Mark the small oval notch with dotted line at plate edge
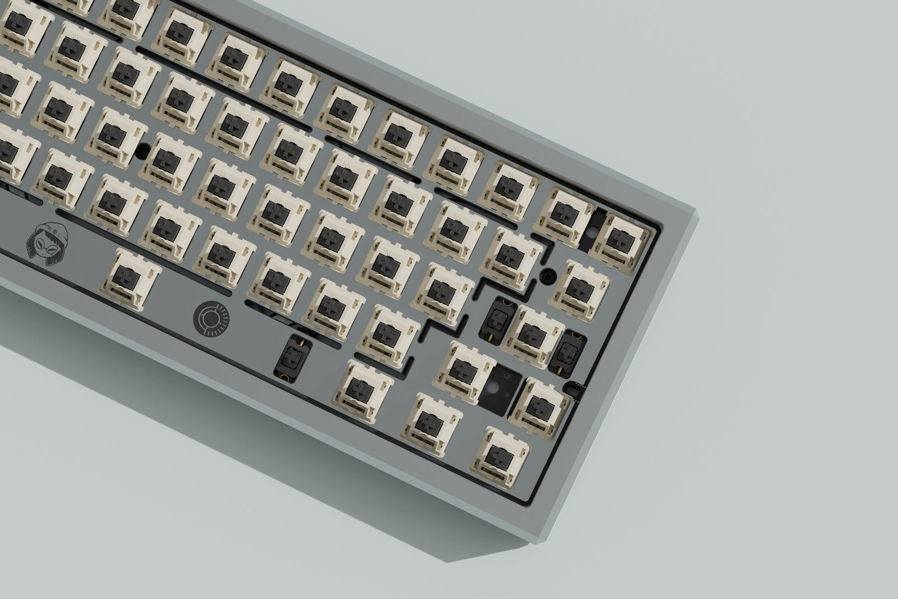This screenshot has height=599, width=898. (x=575, y=387)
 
